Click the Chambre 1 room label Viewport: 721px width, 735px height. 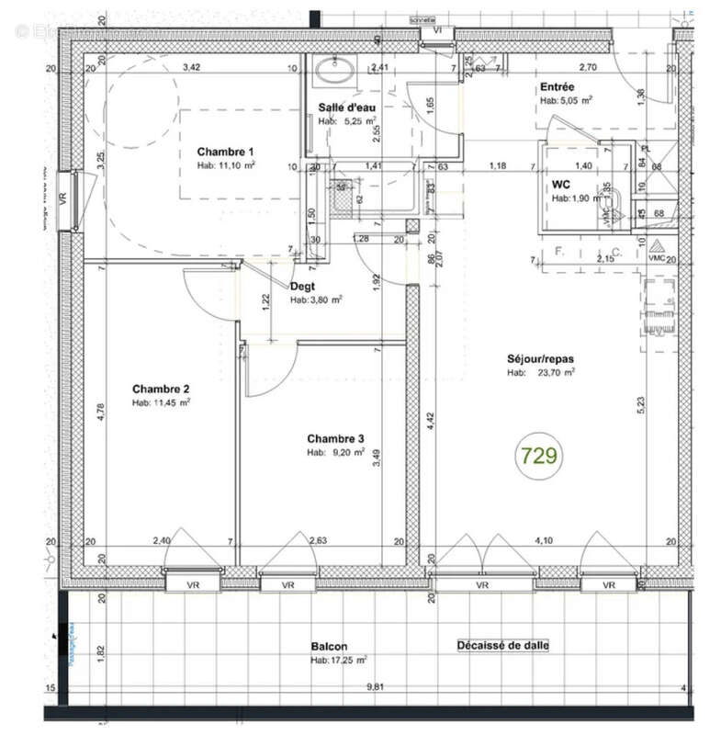click(225, 152)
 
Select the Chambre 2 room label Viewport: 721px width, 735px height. click(160, 388)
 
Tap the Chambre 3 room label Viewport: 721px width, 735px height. click(335, 438)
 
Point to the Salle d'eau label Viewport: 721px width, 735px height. click(347, 107)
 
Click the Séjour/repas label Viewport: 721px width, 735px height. click(540, 358)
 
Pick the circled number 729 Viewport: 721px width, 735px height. click(539, 456)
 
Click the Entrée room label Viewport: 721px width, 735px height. click(558, 87)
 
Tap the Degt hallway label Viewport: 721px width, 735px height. click(302, 286)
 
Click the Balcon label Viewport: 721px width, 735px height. click(329, 647)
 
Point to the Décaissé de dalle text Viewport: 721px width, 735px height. click(502, 646)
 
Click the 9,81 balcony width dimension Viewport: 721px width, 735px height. click(376, 686)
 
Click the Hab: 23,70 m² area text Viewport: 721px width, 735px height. click(541, 373)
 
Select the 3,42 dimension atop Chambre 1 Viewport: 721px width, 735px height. click(191, 68)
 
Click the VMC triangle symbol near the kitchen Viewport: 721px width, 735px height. click(656, 246)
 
